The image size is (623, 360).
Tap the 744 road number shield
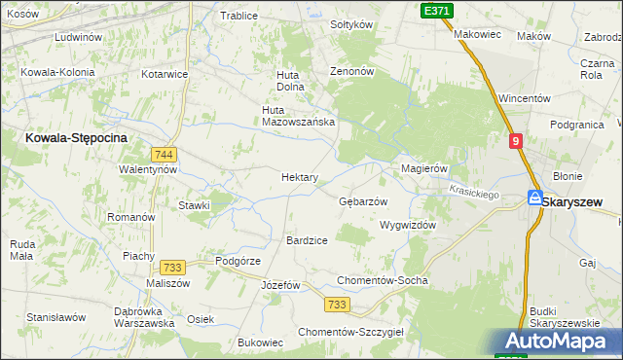[x=164, y=155]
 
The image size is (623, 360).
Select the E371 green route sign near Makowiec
[x=437, y=9]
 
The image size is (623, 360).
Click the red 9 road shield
[x=516, y=141]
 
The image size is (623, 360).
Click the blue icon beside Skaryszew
[x=534, y=198]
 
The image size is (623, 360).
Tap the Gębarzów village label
[x=363, y=201]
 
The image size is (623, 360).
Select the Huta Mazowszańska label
[x=299, y=115]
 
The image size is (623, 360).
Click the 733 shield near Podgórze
[x=173, y=267]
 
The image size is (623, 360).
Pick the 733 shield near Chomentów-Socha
[x=337, y=305]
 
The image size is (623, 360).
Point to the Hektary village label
[x=299, y=177]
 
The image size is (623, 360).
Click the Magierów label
[x=424, y=168]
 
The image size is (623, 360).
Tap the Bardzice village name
[x=307, y=239]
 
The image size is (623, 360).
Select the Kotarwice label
[x=165, y=74]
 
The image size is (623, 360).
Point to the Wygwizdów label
[x=407, y=224]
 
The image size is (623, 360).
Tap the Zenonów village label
[x=352, y=72]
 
